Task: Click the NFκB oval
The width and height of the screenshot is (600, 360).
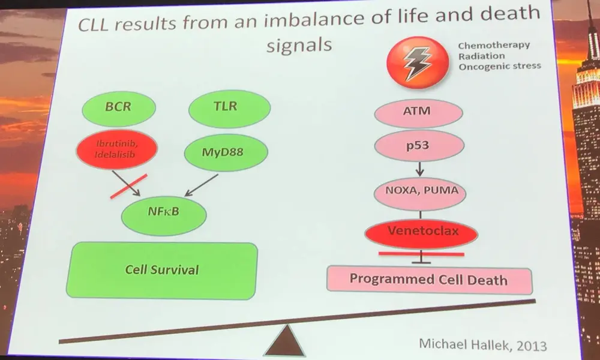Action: pyautogui.click(x=164, y=212)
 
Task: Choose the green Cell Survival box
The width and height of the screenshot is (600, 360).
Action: pyautogui.click(x=162, y=269)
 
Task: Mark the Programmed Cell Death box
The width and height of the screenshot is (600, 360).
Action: pyautogui.click(x=428, y=280)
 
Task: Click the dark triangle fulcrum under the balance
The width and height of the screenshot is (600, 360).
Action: pyautogui.click(x=290, y=343)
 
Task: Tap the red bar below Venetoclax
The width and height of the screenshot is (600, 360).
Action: pyautogui.click(x=422, y=254)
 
